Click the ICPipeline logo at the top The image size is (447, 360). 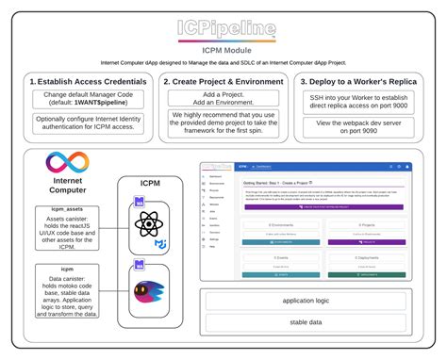(223, 26)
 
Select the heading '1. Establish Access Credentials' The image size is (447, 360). (88, 82)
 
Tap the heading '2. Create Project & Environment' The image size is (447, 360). (223, 82)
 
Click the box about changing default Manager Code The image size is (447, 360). (88, 100)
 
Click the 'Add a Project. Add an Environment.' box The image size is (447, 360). (223, 100)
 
